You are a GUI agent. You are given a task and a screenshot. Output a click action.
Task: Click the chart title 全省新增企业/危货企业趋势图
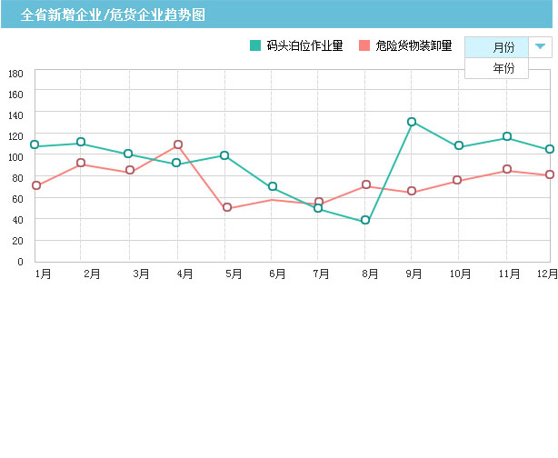point(113,15)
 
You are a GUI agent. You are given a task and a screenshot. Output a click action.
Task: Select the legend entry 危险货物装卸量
point(405,45)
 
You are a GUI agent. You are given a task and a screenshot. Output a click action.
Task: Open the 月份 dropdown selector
point(503,47)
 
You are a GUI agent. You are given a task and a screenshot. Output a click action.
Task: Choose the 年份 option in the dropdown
point(503,68)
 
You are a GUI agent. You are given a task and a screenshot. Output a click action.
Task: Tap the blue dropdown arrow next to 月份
point(540,46)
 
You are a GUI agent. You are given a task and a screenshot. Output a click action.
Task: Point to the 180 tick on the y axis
point(15,74)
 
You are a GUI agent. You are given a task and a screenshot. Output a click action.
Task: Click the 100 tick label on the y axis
point(15,157)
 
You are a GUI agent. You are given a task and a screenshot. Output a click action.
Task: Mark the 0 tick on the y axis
point(20,262)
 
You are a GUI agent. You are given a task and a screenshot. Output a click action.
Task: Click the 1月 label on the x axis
point(43,274)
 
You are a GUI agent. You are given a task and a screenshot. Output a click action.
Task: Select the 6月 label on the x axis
point(277,274)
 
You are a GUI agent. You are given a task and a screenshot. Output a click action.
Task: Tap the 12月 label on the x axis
point(546,274)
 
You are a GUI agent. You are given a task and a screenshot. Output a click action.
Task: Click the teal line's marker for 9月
point(412,122)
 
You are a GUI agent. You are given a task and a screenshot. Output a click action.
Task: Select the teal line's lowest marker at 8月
point(365,220)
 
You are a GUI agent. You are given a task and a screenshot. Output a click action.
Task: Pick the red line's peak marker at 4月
point(178,144)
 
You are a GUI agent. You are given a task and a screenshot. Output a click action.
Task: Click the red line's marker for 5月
point(226,208)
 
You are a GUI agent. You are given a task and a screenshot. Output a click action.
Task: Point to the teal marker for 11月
point(507,137)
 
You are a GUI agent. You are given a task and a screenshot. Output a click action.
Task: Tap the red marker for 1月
point(36,185)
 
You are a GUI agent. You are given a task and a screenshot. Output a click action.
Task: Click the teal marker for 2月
point(81,143)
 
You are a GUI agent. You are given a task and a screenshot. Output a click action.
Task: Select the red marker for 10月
point(457,180)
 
